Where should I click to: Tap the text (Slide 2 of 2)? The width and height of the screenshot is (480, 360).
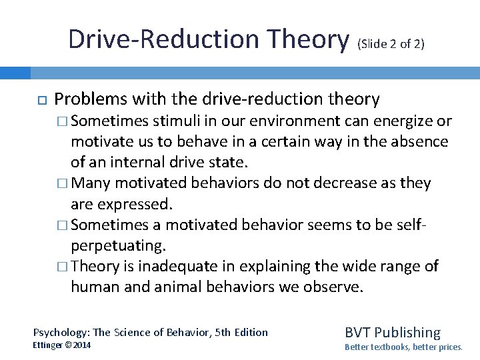391,45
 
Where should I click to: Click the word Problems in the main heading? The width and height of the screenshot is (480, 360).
91,99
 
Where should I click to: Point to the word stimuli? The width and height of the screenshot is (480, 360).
175,121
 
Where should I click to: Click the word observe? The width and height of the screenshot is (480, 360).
336,287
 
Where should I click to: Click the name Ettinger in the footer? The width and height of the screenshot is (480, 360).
52,345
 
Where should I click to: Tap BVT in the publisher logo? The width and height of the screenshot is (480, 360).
357,332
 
